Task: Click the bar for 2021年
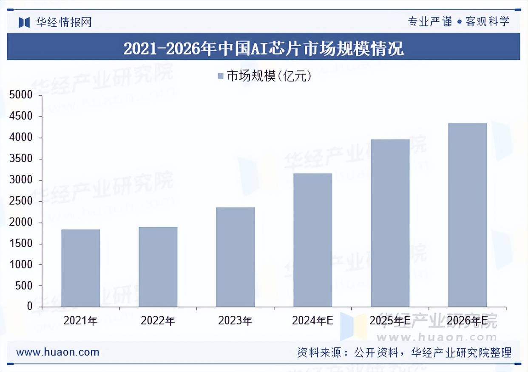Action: point(81,268)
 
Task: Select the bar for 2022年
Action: point(158,267)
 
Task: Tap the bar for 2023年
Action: point(235,257)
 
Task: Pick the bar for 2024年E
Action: point(312,240)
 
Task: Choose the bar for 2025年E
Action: point(390,223)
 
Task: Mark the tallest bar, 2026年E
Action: point(467,215)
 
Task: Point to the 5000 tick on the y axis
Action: point(21,95)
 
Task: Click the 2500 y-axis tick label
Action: point(21,201)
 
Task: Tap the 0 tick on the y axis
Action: point(29,306)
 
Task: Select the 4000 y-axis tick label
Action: point(21,138)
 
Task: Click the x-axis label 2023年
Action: point(235,321)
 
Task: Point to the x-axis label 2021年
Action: point(80,321)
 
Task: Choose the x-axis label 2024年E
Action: point(312,321)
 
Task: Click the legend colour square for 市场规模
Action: point(220,76)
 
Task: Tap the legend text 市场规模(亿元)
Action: point(269,76)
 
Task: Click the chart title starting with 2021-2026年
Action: point(264,48)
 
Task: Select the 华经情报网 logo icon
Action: point(24,22)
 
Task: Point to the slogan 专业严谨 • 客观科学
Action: point(459,22)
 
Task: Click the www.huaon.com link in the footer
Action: point(57,352)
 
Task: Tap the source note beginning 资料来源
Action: point(404,352)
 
